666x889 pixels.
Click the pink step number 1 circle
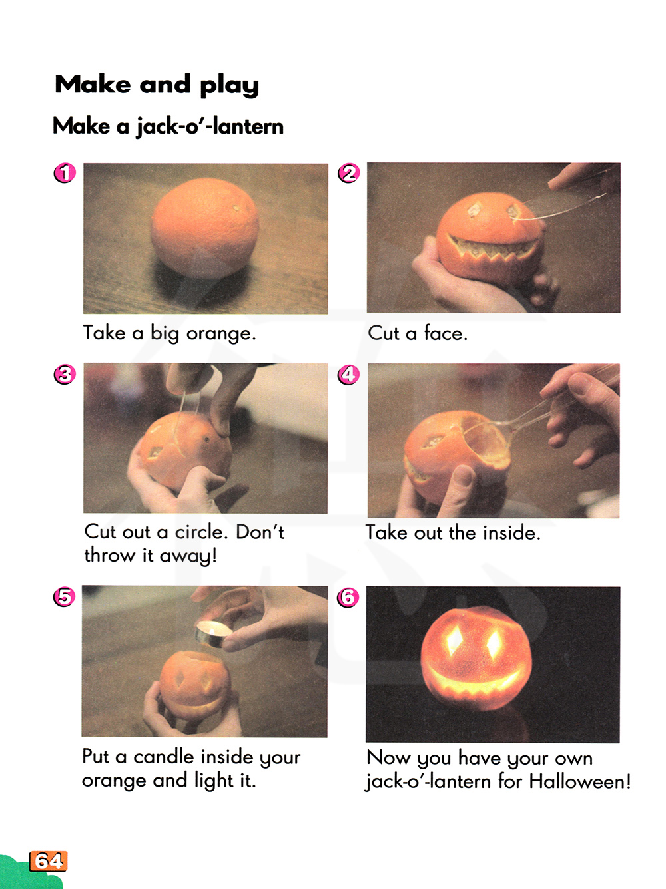65,173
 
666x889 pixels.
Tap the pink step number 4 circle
348,374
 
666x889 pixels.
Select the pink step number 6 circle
348,597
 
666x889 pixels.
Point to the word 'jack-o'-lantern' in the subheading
210,127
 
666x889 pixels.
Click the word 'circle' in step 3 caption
200,532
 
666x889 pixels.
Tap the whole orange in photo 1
204,229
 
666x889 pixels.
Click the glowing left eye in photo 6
456,639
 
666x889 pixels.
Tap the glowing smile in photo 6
474,683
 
